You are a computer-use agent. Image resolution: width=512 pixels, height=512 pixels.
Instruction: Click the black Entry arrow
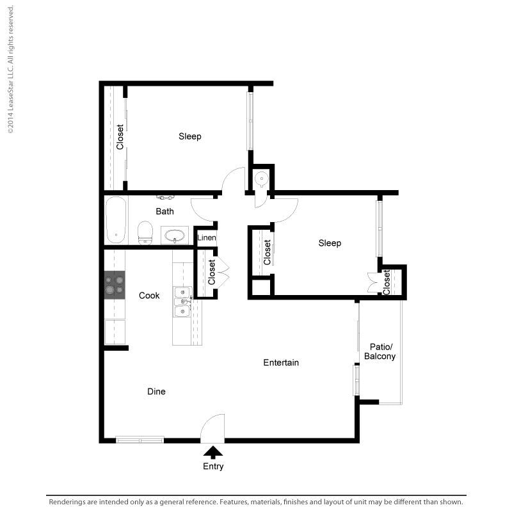click(213, 452)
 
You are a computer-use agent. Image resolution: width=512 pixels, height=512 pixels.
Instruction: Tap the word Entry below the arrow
click(213, 467)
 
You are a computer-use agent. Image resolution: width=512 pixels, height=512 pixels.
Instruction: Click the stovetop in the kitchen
click(115, 285)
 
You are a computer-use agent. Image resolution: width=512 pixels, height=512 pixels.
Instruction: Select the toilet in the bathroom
click(145, 233)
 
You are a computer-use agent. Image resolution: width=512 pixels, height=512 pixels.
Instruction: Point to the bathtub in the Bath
click(116, 220)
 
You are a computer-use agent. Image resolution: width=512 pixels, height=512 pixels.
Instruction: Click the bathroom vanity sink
click(175, 235)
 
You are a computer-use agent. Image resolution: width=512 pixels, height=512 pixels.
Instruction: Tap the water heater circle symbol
click(262, 179)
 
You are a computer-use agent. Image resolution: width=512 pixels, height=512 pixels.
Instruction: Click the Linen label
click(207, 237)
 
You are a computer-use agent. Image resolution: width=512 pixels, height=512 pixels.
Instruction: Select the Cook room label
click(149, 296)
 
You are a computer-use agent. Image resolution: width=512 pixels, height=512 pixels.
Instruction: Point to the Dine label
click(156, 392)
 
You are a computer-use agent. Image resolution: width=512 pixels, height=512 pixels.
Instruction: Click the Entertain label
click(281, 362)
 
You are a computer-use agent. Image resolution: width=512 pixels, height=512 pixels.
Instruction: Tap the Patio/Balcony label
click(380, 351)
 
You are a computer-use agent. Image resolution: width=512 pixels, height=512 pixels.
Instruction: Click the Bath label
click(165, 212)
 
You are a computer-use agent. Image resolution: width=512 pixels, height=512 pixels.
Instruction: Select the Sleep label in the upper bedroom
click(190, 136)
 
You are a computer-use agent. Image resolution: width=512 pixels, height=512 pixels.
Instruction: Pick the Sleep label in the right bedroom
click(330, 243)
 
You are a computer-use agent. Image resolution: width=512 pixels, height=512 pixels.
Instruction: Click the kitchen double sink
click(182, 301)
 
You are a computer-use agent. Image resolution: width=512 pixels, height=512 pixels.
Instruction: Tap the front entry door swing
click(212, 428)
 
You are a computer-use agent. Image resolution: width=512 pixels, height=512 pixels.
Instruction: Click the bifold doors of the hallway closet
click(223, 273)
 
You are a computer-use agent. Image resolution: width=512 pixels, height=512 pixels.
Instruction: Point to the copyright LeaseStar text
click(10, 69)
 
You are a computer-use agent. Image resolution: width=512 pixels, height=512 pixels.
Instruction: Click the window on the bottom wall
click(140, 440)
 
